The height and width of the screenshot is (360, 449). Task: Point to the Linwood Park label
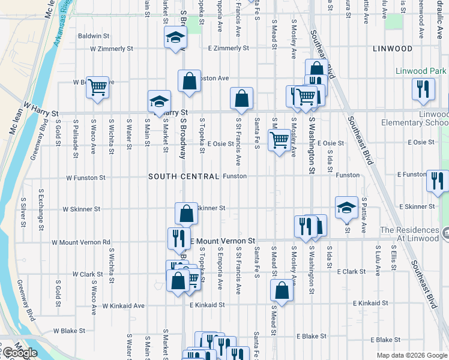click(x=420, y=71)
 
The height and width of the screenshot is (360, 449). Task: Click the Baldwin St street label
click(x=93, y=36)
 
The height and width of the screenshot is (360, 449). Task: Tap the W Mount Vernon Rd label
click(x=81, y=242)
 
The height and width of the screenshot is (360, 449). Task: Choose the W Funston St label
click(x=86, y=178)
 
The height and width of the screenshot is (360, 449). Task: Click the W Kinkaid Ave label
click(x=124, y=305)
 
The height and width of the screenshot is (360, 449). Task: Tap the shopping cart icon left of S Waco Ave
click(x=97, y=88)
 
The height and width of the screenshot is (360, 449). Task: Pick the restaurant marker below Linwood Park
click(x=424, y=89)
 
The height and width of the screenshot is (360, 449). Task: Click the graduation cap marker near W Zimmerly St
click(x=175, y=38)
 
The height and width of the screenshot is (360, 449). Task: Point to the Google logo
click(x=20, y=353)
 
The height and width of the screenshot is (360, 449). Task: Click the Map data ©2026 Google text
click(x=411, y=355)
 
